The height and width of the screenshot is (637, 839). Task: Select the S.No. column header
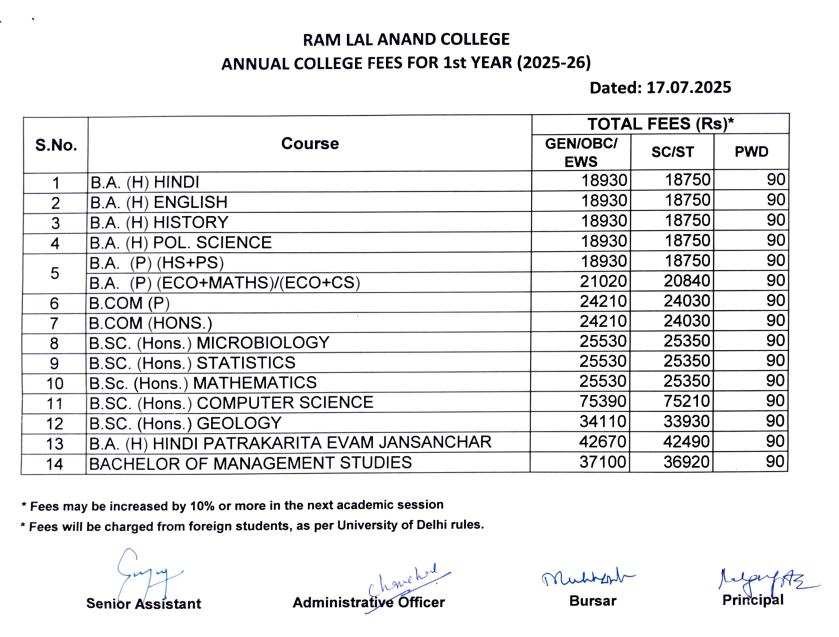tap(55, 144)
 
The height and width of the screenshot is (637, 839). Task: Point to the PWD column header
tap(751, 152)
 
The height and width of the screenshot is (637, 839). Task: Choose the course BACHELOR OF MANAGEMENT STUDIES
tap(250, 463)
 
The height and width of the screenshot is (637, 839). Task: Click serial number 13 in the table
tap(55, 443)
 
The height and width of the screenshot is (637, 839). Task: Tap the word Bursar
tap(590, 601)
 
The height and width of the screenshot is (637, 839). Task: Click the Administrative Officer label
tap(368, 603)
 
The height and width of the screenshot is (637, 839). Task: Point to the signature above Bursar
tap(588, 574)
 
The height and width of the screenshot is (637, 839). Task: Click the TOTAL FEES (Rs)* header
tap(661, 124)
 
